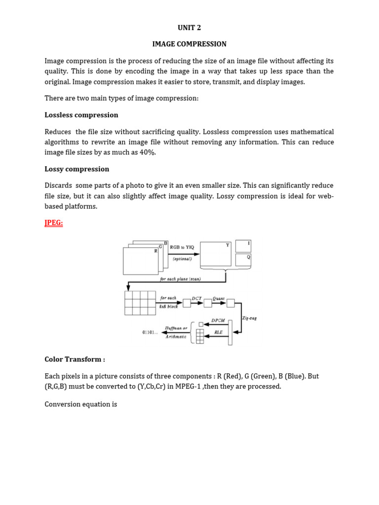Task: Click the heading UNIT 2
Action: pos(189,28)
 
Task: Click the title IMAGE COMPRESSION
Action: pos(189,44)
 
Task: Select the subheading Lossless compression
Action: pos(81,115)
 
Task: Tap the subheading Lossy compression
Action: pos(76,169)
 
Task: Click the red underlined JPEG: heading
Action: pos(54,223)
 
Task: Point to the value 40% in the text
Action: pos(146,152)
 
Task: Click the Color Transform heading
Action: pos(75,359)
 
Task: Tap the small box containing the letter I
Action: pos(243,246)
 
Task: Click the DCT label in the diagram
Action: pos(197,298)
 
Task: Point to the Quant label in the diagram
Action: pos(218,298)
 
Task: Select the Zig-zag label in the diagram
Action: pos(250,318)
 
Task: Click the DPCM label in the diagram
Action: pos(218,320)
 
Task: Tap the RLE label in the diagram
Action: pos(218,332)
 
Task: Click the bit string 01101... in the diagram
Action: pos(150,332)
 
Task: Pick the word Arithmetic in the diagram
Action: pos(176,336)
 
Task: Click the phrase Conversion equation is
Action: pos(81,404)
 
